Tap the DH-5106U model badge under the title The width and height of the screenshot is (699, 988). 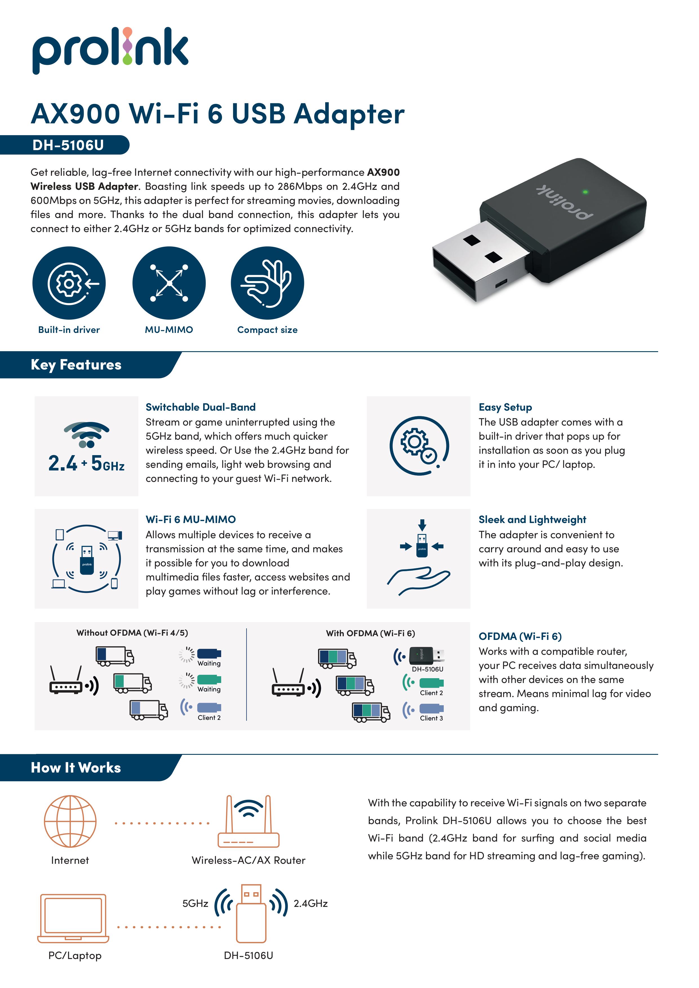click(x=68, y=145)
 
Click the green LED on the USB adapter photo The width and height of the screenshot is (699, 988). click(x=585, y=192)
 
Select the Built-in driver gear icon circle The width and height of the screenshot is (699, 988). click(x=69, y=283)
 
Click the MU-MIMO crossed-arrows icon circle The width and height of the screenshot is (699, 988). click(x=169, y=283)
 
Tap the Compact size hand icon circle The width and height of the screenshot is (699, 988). click(x=267, y=283)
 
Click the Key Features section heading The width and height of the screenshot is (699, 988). click(x=76, y=365)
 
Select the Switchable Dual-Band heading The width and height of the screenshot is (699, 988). click(x=201, y=407)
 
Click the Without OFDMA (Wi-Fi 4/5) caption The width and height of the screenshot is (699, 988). click(x=132, y=633)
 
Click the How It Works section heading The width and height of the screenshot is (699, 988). click(x=76, y=768)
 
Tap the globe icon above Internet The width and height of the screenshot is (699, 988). click(x=70, y=821)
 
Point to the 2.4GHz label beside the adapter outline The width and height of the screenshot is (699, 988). click(x=310, y=904)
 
